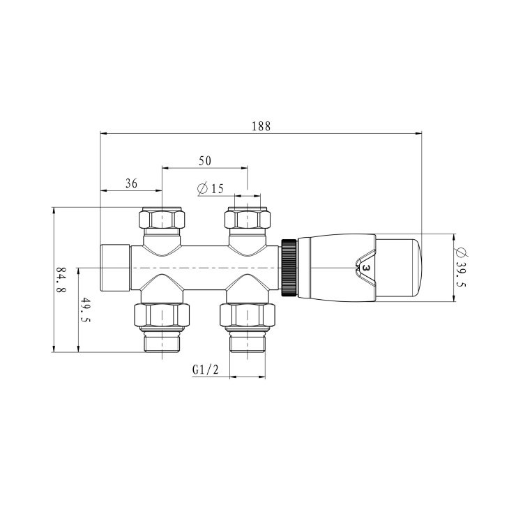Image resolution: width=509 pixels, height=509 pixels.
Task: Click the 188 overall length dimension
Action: tap(261, 126)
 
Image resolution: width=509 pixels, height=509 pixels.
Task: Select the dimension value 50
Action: tap(204, 160)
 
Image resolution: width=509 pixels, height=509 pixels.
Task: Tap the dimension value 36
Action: tap(130, 183)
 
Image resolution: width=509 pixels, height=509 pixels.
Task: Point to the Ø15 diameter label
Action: tap(210, 189)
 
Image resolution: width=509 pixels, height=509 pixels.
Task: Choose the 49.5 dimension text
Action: tap(86, 310)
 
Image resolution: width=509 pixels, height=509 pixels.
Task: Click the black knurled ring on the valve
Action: tap(288, 268)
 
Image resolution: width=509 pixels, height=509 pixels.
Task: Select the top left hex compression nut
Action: tap(162, 221)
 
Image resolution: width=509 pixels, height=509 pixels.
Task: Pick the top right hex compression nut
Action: tap(248, 221)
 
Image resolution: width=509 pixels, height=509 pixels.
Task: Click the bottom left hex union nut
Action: tap(162, 317)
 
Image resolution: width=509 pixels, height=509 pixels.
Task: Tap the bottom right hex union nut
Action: tap(248, 317)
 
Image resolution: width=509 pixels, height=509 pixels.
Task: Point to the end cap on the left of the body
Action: tap(116, 268)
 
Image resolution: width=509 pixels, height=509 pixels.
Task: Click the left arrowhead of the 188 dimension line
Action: tap(103, 132)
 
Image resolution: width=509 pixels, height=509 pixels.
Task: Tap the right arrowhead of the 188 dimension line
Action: tap(420, 132)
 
